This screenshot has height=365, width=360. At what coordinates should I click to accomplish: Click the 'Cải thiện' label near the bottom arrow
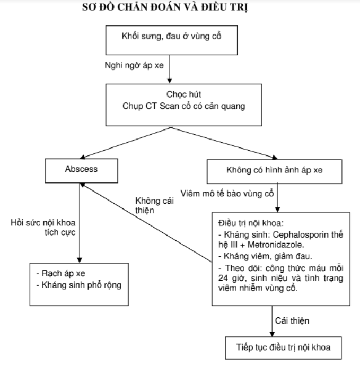[x=292, y=320]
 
